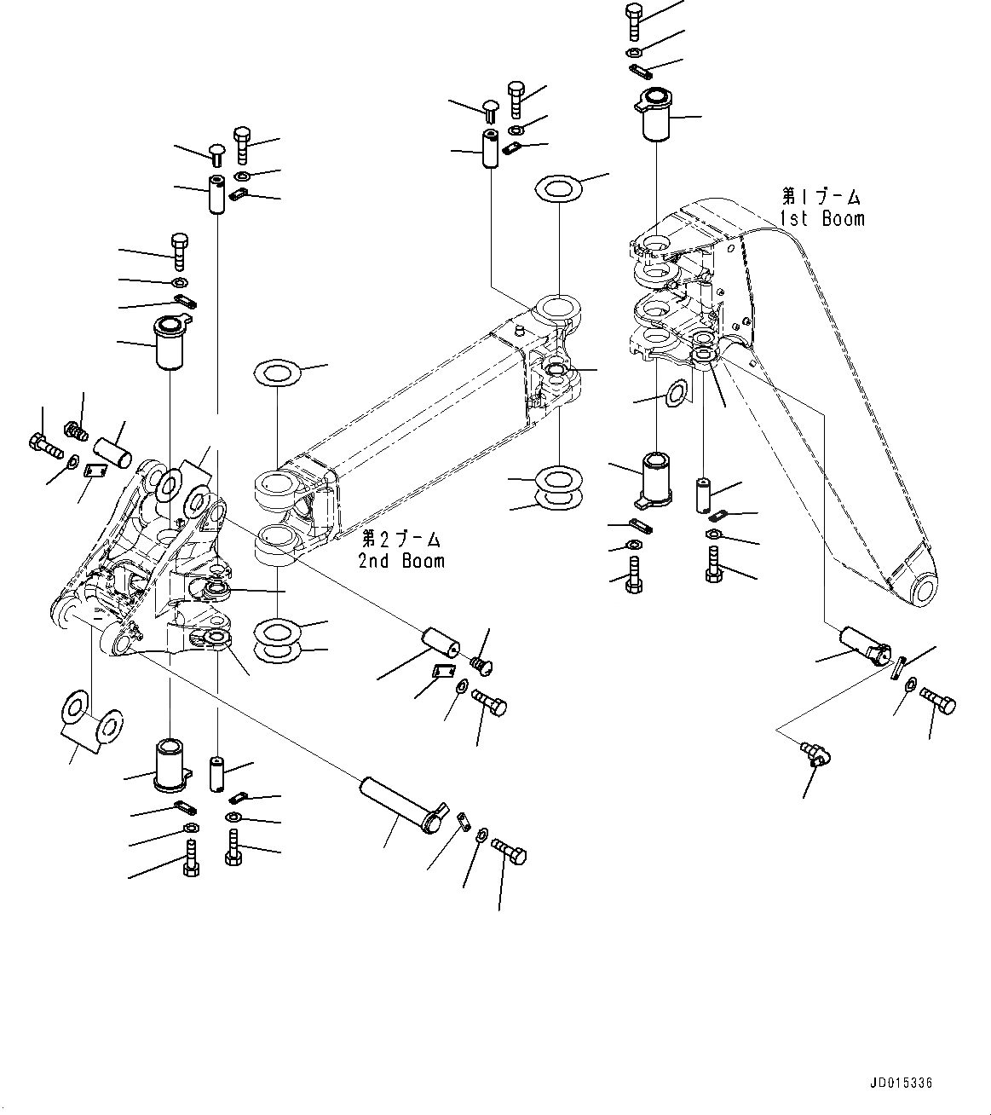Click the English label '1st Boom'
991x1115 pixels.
[821, 219]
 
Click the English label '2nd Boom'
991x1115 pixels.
[401, 561]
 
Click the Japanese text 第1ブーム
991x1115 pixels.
[821, 198]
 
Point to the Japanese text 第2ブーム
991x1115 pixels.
[400, 540]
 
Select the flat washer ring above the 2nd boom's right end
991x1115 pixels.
[557, 187]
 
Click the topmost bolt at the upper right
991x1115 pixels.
[635, 20]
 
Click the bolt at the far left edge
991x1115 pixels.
[43, 442]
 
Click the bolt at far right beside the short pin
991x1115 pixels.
[939, 702]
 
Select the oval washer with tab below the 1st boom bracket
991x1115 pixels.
[677, 393]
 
